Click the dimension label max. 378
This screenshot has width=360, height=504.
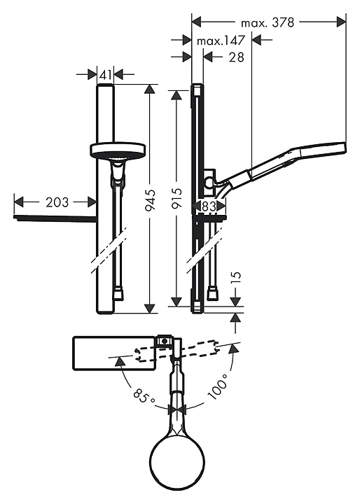[x=268, y=22]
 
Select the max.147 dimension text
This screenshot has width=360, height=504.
[x=221, y=41]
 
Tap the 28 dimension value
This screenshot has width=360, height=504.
[x=237, y=57]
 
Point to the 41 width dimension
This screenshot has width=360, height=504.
[x=106, y=75]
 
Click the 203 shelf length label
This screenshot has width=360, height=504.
[x=57, y=202]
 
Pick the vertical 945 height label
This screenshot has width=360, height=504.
[x=150, y=201]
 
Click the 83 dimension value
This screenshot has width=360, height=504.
[x=209, y=206]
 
